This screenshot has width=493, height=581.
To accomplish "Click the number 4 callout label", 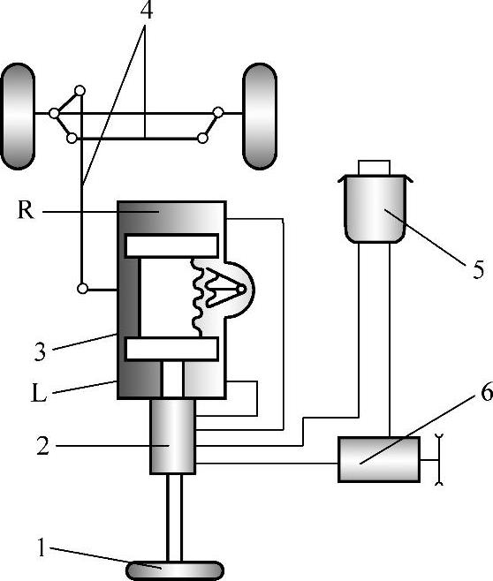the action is [x=147, y=11].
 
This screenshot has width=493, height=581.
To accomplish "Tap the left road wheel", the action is [x=18, y=116].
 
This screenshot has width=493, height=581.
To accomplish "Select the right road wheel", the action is [x=260, y=116].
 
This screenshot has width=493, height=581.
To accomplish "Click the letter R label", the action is [x=26, y=210].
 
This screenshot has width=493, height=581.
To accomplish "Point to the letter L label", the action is [x=39, y=393].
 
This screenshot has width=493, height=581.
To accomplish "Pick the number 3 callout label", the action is [x=40, y=351].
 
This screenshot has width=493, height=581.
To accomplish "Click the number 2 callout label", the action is [x=42, y=446].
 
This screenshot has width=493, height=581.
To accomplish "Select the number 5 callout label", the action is [x=478, y=269].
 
